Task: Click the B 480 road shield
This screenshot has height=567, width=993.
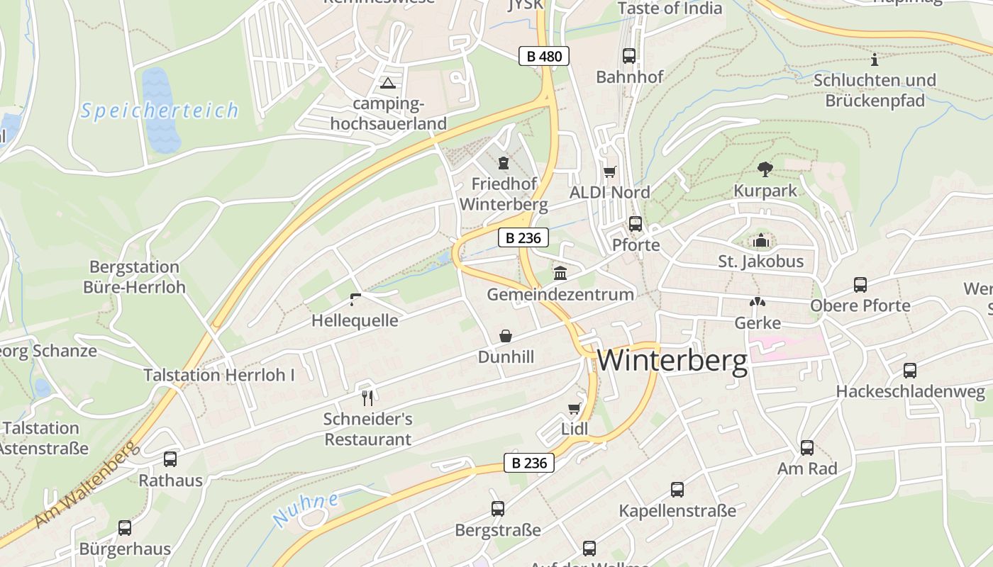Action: pyautogui.click(x=545, y=56)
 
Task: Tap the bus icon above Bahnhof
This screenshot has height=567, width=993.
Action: pyautogui.click(x=629, y=56)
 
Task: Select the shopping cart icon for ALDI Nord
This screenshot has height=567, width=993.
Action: pyautogui.click(x=609, y=172)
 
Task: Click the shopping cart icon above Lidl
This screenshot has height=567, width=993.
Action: pyautogui.click(x=574, y=409)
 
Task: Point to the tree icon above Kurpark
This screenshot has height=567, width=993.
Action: pyautogui.click(x=765, y=169)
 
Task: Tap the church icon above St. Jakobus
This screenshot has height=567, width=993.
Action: pyautogui.click(x=761, y=241)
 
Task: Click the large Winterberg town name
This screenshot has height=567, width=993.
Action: pyautogui.click(x=672, y=361)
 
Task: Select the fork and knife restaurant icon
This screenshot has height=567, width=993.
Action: pyautogui.click(x=367, y=398)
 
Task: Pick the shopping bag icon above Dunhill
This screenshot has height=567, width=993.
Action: pyautogui.click(x=506, y=335)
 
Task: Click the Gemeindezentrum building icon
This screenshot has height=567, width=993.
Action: pyautogui.click(x=560, y=273)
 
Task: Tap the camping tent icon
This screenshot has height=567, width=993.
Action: pyautogui.click(x=387, y=84)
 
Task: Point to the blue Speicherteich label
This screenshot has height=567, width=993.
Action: pyautogui.click(x=160, y=111)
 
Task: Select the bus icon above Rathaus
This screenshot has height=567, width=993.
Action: pyautogui.click(x=170, y=459)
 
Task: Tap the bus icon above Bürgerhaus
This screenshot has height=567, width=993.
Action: pyautogui.click(x=125, y=528)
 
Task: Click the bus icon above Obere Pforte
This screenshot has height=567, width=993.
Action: pyautogui.click(x=860, y=285)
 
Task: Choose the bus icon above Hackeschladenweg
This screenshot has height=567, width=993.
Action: pyautogui.click(x=910, y=371)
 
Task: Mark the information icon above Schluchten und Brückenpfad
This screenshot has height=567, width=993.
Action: pyautogui.click(x=874, y=60)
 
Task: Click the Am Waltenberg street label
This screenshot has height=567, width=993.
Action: pyautogui.click(x=84, y=485)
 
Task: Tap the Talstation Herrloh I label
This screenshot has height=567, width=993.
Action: pyautogui.click(x=219, y=375)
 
